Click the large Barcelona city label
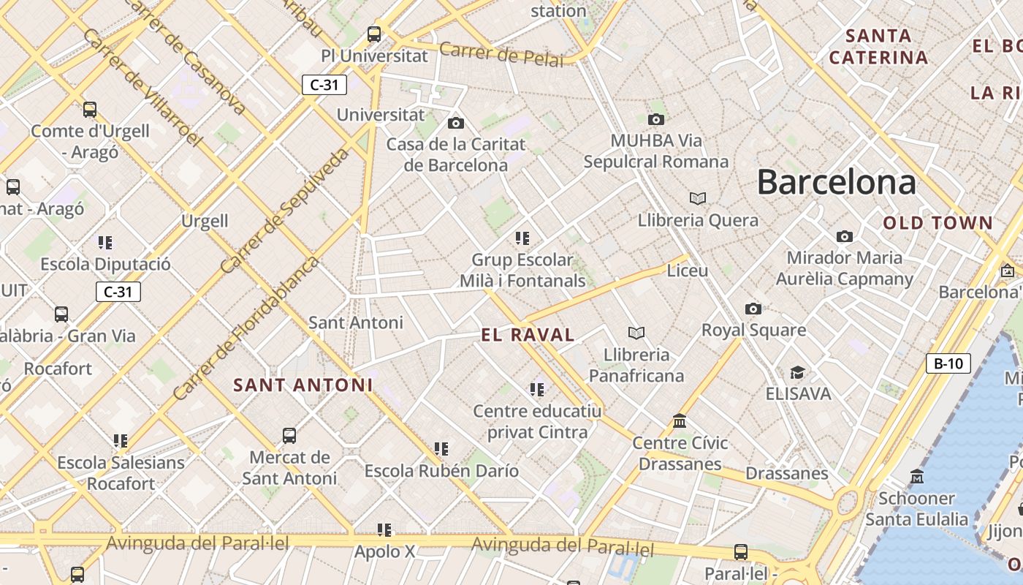836,181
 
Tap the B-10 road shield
948,363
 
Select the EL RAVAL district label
528,335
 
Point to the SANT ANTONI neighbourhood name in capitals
303,385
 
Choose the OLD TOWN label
938,223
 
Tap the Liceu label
687,271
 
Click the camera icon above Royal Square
753,309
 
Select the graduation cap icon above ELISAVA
797,373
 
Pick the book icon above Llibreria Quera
698,198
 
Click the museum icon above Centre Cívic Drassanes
680,421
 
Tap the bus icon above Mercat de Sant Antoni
289,436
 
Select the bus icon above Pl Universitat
374,34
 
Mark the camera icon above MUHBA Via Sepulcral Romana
655,119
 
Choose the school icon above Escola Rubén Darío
441,448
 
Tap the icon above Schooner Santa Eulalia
916,477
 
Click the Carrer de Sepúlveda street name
284,211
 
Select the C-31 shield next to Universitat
324,85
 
